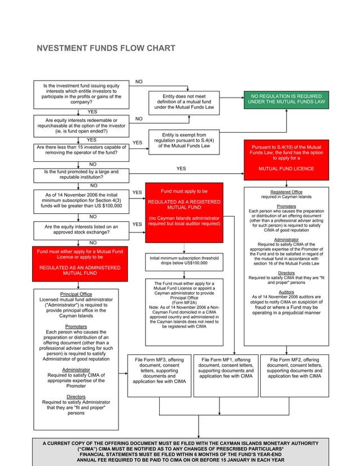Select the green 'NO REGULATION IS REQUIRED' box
tap(286, 99)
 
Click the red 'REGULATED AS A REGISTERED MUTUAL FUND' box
tap(184, 212)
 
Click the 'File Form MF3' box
tap(159, 375)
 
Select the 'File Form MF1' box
tap(226, 375)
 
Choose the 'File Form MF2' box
tap(294, 375)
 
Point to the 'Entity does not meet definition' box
tap(184, 102)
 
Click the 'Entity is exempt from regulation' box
tap(184, 140)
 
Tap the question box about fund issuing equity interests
tap(81, 94)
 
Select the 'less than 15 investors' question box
tap(81, 150)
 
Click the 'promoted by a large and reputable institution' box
tap(81, 175)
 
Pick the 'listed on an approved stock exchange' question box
tap(81, 230)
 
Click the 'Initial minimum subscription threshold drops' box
tap(184, 261)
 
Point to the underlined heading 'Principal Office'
tap(76, 294)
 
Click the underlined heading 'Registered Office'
tap(286, 192)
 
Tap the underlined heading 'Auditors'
tap(286, 292)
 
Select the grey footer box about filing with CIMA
tap(181, 450)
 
